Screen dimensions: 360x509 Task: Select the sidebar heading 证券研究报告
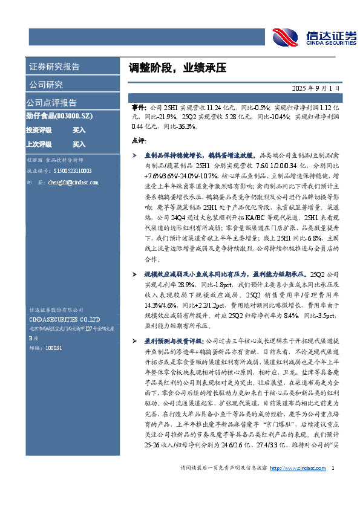pyautogui.click(x=54, y=66)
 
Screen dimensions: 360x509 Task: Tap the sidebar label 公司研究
pyautogui.click(x=45, y=84)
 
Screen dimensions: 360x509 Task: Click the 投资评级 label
pyautogui.click(x=39, y=130)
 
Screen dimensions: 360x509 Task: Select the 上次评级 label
pyautogui.click(x=39, y=144)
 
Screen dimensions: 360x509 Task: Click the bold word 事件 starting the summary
pyautogui.click(x=139, y=105)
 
